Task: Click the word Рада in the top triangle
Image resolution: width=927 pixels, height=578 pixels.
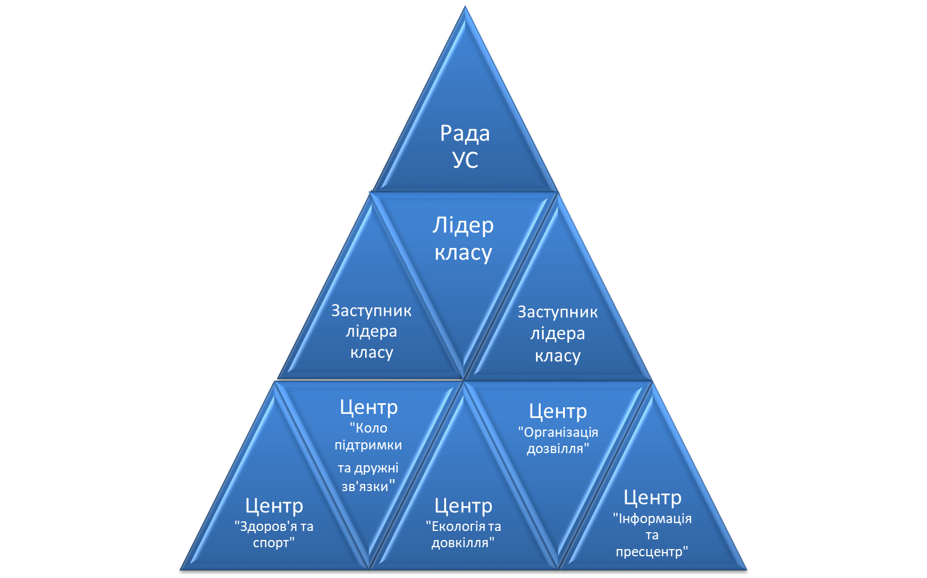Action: point(465,133)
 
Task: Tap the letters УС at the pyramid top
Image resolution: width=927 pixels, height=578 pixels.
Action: point(465,160)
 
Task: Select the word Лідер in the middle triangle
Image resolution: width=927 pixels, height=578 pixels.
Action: point(463,225)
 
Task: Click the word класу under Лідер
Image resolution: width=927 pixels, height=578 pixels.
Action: point(463,252)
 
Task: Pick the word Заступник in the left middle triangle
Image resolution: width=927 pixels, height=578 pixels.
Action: point(371,311)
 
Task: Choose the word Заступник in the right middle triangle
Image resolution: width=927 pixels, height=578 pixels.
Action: point(558,312)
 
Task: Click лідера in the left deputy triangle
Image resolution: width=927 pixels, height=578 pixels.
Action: point(371,331)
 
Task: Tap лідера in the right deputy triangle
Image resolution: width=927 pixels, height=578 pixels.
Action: point(558,334)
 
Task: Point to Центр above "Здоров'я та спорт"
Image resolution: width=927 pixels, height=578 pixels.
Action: point(274,506)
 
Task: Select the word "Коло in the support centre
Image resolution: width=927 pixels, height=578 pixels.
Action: point(369,428)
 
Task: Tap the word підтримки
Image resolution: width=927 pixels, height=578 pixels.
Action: point(368,445)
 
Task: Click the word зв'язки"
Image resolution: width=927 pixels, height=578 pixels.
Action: point(368,486)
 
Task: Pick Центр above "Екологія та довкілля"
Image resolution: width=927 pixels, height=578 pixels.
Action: point(463,506)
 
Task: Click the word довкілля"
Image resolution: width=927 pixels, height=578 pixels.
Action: point(463,542)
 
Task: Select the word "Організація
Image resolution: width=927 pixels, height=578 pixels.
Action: point(558,432)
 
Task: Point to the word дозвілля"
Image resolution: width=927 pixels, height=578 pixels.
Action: point(558,449)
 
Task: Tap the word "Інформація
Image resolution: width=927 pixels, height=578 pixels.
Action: point(652,518)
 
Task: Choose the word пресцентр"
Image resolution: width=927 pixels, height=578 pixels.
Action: point(652,551)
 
